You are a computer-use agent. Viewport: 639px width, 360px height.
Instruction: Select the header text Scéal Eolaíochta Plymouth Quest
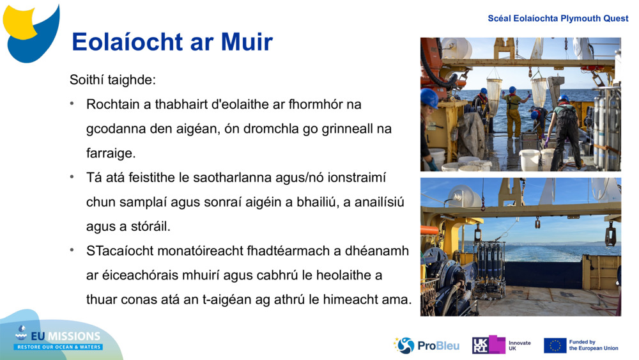pyautogui.click(x=558, y=18)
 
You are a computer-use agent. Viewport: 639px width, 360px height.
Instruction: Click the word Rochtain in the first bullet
pyautogui.click(x=111, y=104)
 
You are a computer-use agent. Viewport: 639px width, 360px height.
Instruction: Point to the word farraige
pyautogui.click(x=111, y=153)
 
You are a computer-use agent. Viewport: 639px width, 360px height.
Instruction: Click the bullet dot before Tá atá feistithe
pyautogui.click(x=73, y=177)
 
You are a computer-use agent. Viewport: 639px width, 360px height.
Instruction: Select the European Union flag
pyautogui.click(x=555, y=345)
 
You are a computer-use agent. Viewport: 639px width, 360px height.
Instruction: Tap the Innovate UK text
pyautogui.click(x=519, y=345)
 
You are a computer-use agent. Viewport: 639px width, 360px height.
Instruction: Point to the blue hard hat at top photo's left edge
pyautogui.click(x=429, y=98)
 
